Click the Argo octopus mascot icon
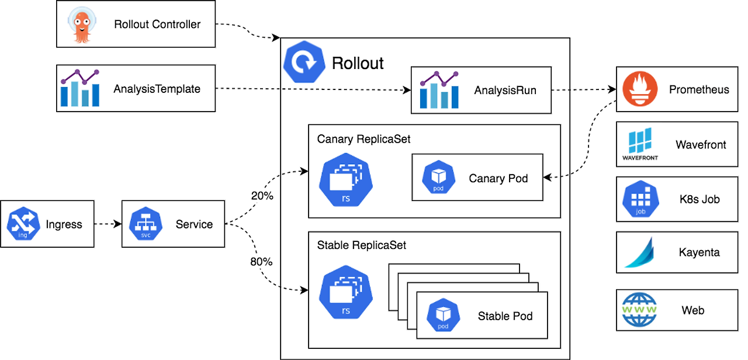pyautogui.click(x=82, y=25)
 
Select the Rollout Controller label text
pyautogui.click(x=157, y=25)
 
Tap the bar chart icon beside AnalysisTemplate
pyautogui.click(x=80, y=88)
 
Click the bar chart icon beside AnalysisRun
pyautogui.click(x=439, y=89)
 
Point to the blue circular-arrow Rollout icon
pyautogui.click(x=304, y=62)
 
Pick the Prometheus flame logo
pyautogui.click(x=640, y=89)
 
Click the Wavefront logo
pyautogui.click(x=640, y=144)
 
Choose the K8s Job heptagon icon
pyautogui.click(x=640, y=199)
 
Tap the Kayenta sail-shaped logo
pyautogui.click(x=639, y=252)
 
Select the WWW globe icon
pyautogui.click(x=639, y=310)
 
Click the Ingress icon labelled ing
pyautogui.click(x=23, y=224)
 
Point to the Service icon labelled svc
pyautogui.click(x=146, y=224)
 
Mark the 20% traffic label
pyautogui.click(x=262, y=196)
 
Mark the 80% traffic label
pyautogui.click(x=261, y=261)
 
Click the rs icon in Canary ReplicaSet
pyautogui.click(x=346, y=180)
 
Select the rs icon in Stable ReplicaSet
pyautogui.click(x=346, y=292)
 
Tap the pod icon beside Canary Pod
pyautogui.click(x=438, y=177)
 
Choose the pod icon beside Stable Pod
pyautogui.click(x=443, y=315)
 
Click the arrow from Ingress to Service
pyautogui.click(x=108, y=224)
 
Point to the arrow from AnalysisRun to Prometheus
pyautogui.click(x=584, y=89)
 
